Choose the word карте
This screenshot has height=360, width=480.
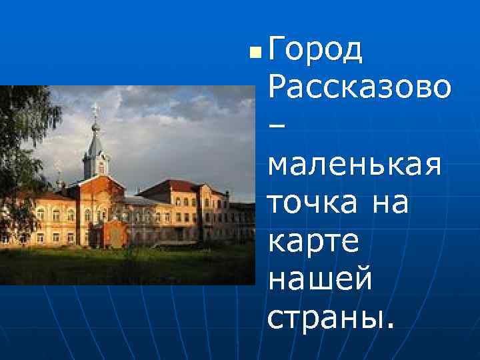[x=313, y=241]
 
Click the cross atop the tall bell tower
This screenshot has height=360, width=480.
[x=95, y=107]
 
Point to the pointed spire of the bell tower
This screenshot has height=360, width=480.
[x=95, y=137]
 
